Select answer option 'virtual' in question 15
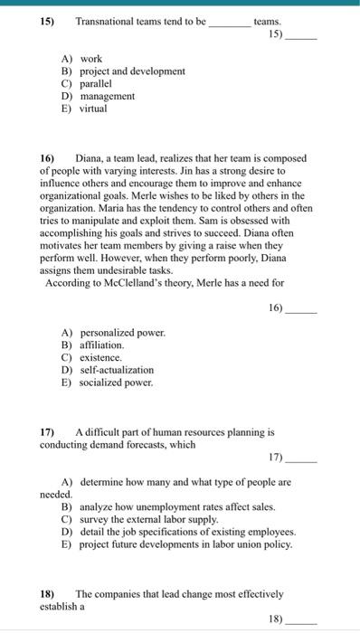(92, 109)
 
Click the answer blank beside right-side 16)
(303, 308)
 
